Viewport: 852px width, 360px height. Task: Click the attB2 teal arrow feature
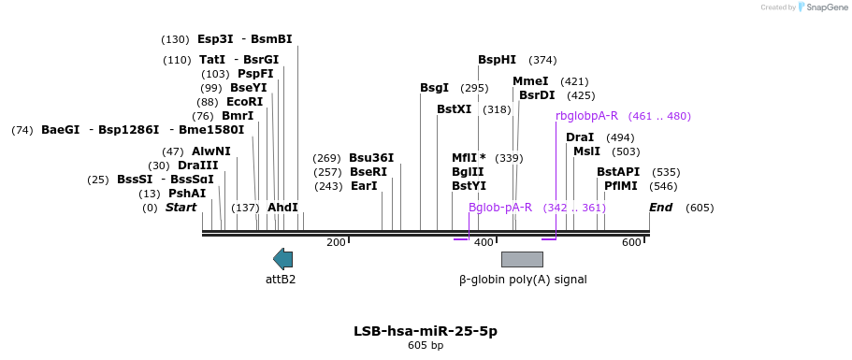tap(282, 259)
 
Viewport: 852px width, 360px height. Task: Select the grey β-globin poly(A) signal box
tap(522, 260)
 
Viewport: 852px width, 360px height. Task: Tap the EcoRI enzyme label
tap(244, 102)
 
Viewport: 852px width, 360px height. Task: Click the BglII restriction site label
tap(468, 171)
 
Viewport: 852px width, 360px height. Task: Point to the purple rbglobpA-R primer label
tap(586, 116)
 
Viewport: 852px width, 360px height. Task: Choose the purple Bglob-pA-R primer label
tap(500, 208)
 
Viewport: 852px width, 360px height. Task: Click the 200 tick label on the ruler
tap(336, 242)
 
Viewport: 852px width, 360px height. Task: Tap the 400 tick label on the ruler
tap(484, 242)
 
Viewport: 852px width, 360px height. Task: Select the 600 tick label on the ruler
tap(631, 242)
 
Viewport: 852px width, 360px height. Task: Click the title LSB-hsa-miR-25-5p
tap(426, 331)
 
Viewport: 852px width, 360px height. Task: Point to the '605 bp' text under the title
tap(426, 345)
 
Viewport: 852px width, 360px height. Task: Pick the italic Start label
tap(181, 208)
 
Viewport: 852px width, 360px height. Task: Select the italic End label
tap(660, 208)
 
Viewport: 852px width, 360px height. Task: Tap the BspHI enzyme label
tap(498, 60)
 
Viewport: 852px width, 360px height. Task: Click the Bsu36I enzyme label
tap(371, 158)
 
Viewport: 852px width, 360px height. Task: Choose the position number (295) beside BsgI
tap(474, 88)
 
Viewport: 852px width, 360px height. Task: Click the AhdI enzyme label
tap(282, 208)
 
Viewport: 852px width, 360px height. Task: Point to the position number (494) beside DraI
tap(620, 137)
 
